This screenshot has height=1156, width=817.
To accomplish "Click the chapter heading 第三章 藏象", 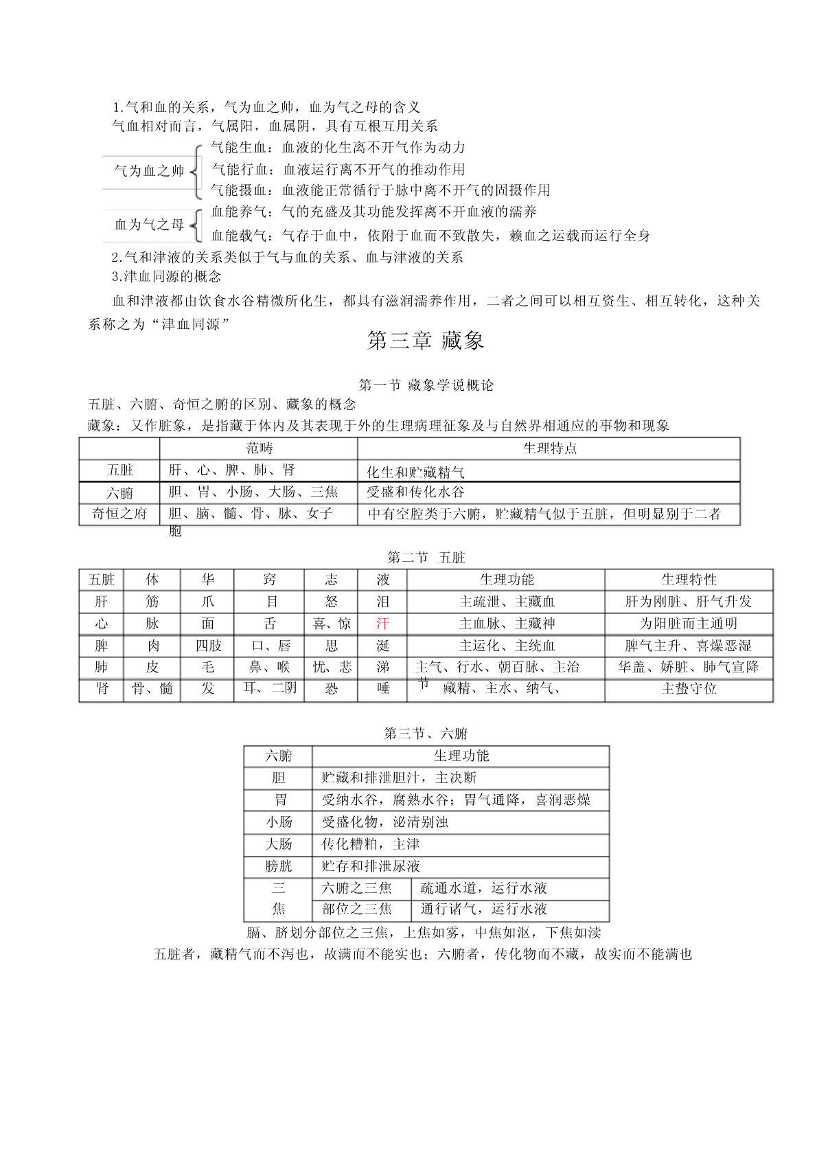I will click(426, 341).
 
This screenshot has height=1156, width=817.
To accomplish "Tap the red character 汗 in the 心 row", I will click(382, 624).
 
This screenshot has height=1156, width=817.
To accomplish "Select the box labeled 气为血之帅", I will click(149, 170).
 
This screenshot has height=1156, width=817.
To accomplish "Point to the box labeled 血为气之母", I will click(149, 225).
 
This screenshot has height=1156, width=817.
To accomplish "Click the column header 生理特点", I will click(549, 449).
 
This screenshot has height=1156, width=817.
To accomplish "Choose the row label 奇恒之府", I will click(119, 514).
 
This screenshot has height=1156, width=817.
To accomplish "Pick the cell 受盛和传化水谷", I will click(415, 492).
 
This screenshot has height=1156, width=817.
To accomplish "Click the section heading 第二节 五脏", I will click(426, 558).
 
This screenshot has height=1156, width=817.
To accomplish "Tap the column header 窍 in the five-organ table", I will click(269, 580).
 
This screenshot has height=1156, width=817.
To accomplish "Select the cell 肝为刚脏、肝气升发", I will click(689, 602).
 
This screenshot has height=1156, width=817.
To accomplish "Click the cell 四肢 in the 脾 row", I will click(208, 646).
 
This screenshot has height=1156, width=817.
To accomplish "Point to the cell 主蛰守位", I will click(689, 688).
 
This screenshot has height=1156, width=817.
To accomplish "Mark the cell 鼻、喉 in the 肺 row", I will click(269, 667).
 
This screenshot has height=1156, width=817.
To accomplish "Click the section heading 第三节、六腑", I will click(426, 734).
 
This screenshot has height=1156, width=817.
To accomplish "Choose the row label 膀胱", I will click(278, 866).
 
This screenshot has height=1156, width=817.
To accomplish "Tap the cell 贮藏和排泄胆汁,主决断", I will click(399, 778).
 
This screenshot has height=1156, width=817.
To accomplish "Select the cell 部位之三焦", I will click(357, 909).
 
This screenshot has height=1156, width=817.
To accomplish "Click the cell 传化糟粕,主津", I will click(371, 844).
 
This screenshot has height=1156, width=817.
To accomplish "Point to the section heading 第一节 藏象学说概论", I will click(426, 385).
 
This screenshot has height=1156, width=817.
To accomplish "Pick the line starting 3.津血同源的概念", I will click(166, 277).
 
